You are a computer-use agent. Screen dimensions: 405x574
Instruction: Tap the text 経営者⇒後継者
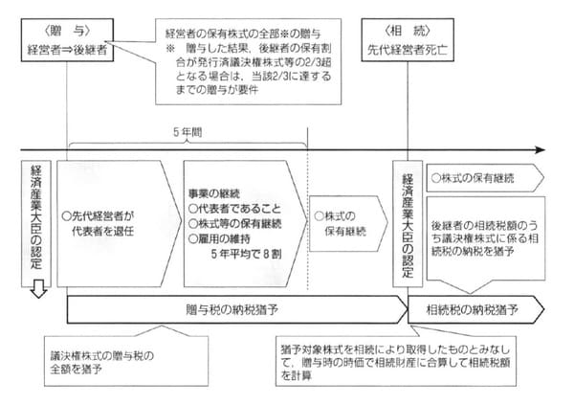pyautogui.click(x=68, y=45)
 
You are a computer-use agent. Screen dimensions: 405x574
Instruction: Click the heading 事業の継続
pyautogui.click(x=215, y=192)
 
